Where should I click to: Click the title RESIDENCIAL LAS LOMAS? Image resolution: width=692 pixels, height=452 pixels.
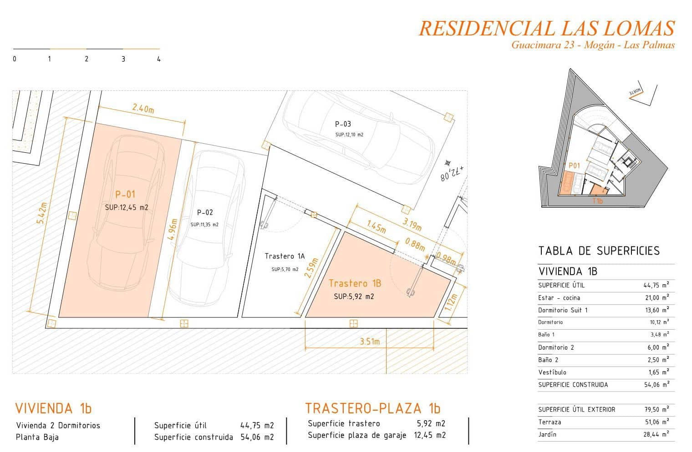click(x=546, y=28)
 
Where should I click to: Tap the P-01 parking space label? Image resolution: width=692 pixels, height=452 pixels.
click(x=125, y=195)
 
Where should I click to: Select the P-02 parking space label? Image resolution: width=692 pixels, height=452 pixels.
click(x=205, y=212)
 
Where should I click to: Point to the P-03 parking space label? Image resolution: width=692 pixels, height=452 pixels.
click(x=343, y=124)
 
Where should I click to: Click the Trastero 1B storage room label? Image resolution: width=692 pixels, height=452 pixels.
click(x=355, y=284)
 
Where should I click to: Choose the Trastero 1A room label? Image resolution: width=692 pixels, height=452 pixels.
click(x=285, y=256)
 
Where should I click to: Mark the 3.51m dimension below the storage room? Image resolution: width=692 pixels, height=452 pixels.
click(x=369, y=342)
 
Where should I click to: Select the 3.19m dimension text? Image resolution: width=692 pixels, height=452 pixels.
click(x=412, y=224)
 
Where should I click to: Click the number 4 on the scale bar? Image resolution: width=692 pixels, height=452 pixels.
click(x=158, y=59)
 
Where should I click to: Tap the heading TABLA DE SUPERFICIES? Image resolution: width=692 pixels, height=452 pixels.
click(x=599, y=251)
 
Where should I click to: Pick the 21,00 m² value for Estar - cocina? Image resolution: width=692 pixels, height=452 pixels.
click(x=656, y=298)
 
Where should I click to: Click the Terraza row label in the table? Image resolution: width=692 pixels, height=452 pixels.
click(x=550, y=422)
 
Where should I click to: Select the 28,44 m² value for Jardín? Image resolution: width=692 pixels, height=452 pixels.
click(x=656, y=434)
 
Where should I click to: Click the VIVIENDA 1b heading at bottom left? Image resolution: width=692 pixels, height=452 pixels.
click(x=54, y=408)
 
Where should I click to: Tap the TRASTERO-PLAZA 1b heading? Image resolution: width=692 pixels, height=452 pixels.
click(x=373, y=408)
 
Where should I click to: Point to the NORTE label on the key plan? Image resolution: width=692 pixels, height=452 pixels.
click(x=636, y=92)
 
